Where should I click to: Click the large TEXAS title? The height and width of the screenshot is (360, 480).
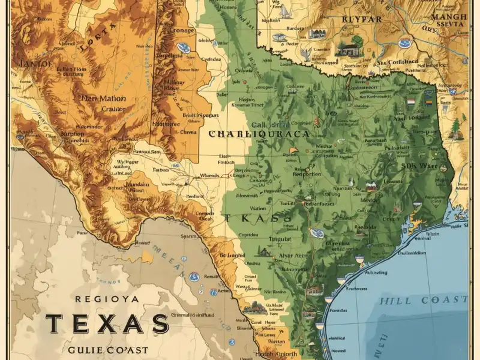pos(107,324)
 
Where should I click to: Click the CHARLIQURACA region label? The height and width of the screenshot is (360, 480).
pos(259,134)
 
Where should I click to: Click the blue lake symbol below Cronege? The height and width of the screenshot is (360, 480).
pos(184,47)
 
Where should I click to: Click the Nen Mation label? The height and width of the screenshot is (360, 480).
pos(103,98)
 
